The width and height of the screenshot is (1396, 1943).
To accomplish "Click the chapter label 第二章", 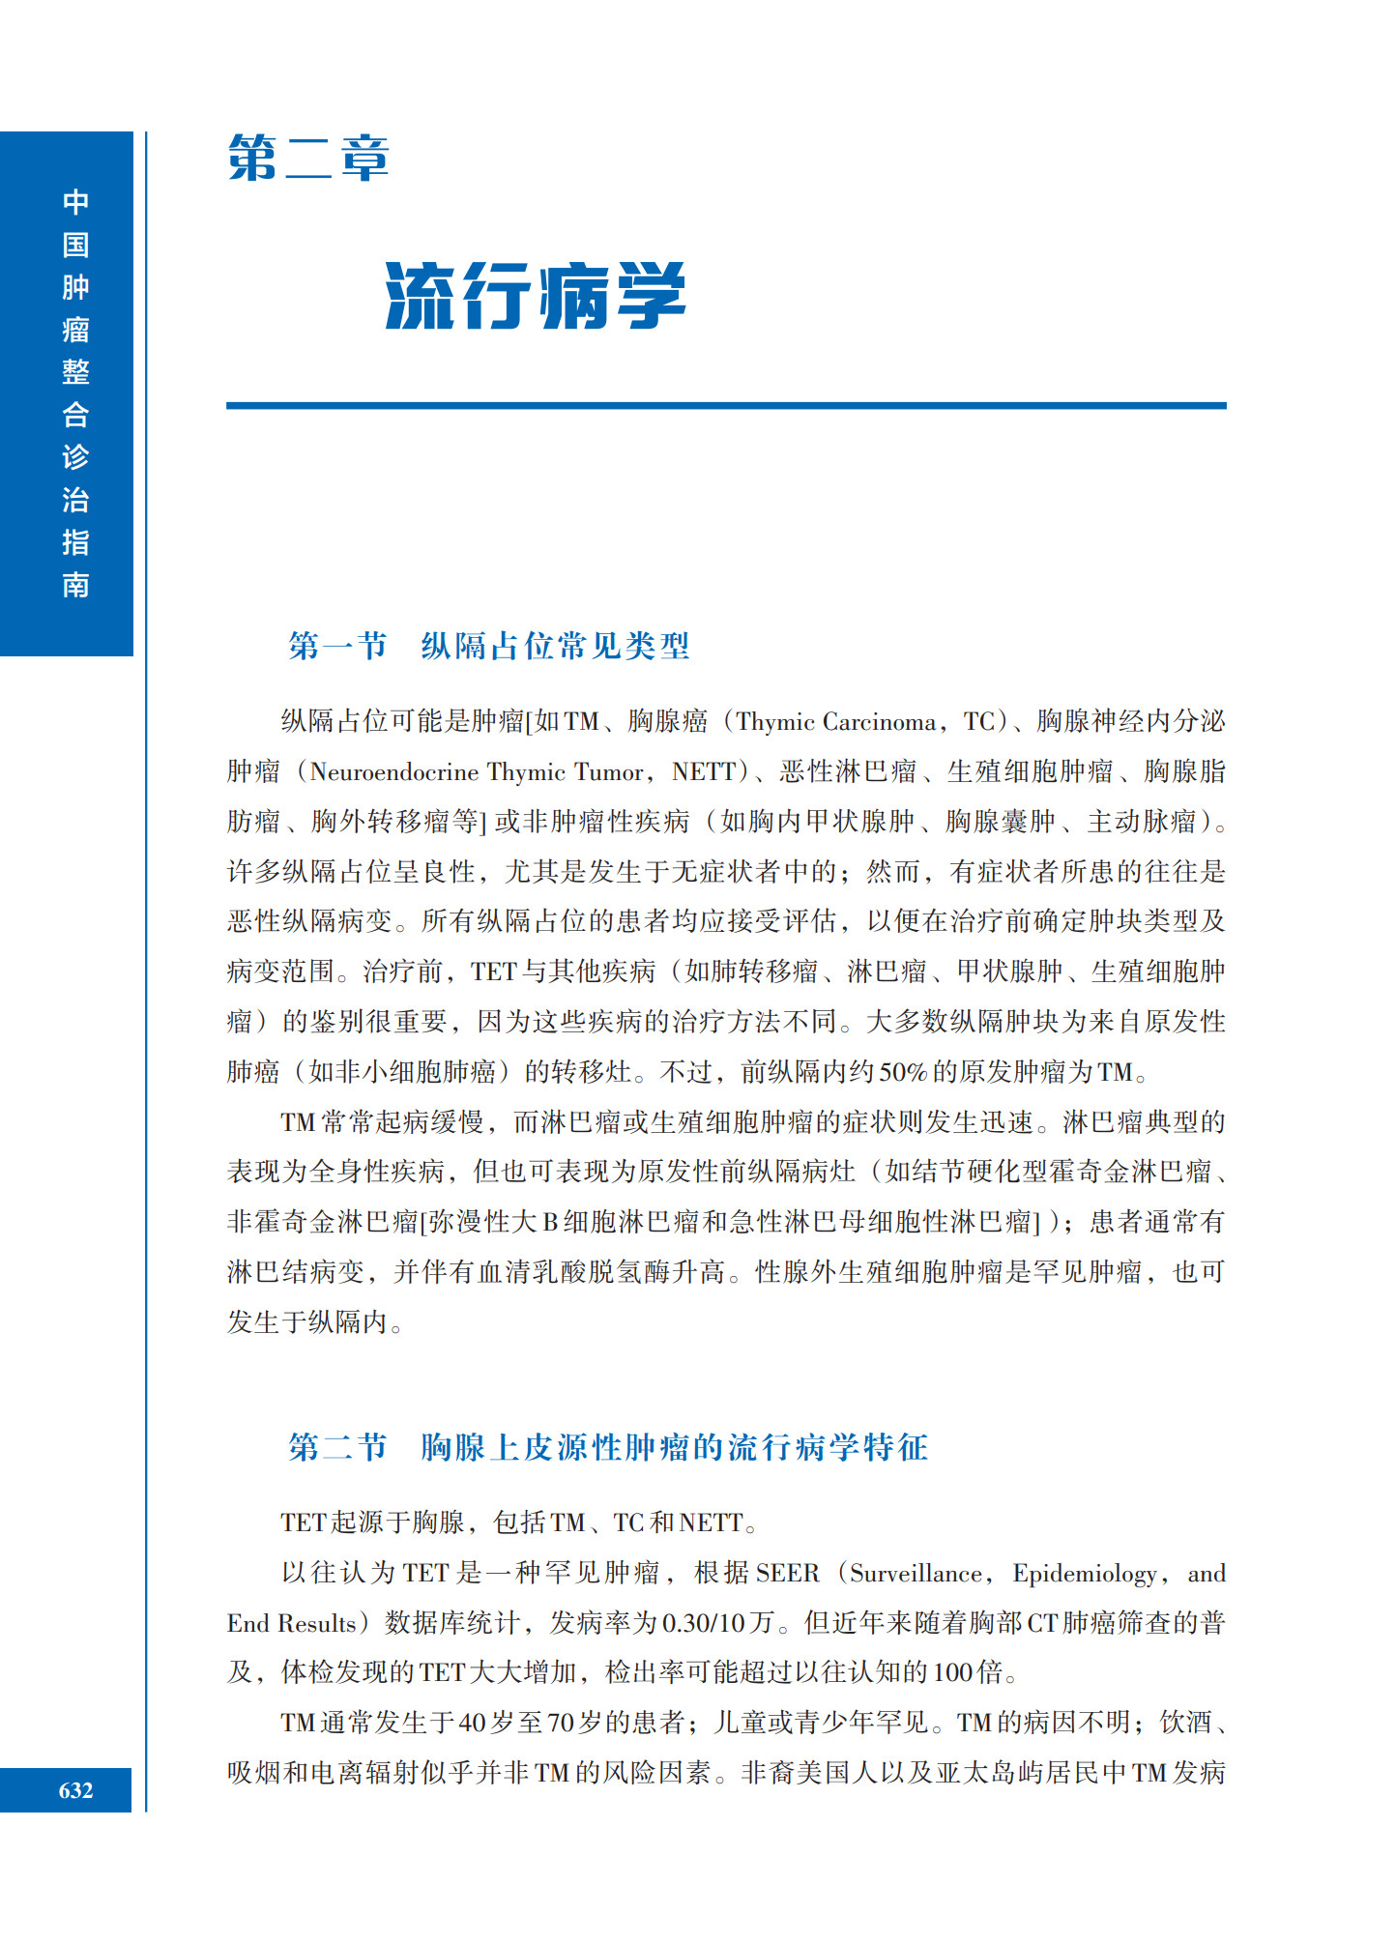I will pos(307,159).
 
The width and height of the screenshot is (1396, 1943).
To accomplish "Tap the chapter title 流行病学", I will pos(535,296).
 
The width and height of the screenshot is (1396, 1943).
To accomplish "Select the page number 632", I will pos(75,1790).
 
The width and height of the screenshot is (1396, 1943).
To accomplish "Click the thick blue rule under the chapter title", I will pos(725,405).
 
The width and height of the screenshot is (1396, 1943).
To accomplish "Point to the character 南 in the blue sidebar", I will pos(75,585).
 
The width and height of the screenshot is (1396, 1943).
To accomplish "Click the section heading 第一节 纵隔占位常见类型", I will pos(488,646).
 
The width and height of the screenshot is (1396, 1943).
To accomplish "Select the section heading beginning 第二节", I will pos(607,1447).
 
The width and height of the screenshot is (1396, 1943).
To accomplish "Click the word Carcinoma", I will pos(879,722).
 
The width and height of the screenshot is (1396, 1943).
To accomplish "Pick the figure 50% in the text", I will pos(902,1072).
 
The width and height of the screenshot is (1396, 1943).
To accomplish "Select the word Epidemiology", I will pos(1084,1574).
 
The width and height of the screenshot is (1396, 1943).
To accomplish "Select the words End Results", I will pos(291,1624).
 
